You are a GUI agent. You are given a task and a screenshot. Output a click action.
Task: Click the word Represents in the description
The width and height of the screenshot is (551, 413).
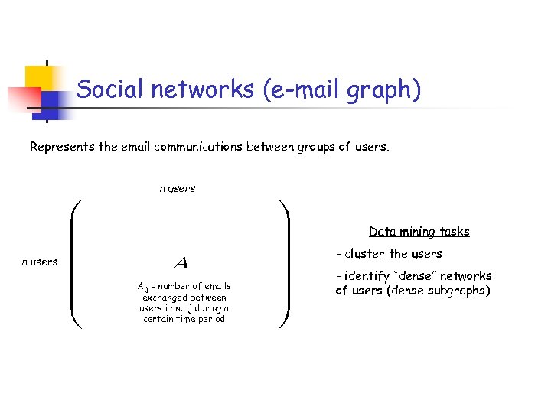pos(63,146)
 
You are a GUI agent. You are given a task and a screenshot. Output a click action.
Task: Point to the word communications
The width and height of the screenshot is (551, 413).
pos(199,146)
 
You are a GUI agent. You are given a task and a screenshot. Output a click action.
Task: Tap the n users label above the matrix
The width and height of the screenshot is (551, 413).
pos(177,188)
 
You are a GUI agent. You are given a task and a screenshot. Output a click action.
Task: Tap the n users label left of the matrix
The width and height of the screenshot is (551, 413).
pos(39,262)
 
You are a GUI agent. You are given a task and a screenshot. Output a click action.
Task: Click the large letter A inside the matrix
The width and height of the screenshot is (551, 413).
pos(181,263)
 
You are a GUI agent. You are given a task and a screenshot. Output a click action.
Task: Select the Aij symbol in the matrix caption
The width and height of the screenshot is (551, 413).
pos(142,288)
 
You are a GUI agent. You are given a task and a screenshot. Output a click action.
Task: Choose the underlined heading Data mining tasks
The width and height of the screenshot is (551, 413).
pos(419,231)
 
